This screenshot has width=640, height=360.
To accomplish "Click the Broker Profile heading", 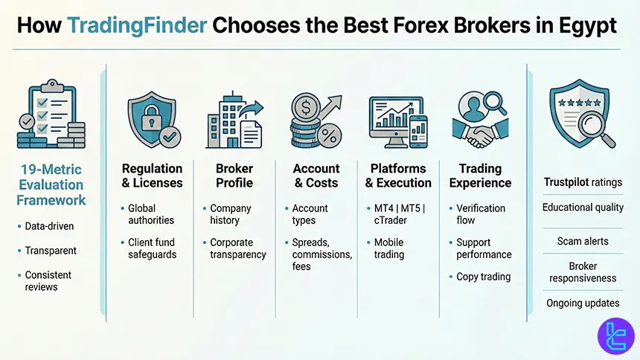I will click(234, 176).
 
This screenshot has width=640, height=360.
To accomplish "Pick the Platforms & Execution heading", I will click(398, 176).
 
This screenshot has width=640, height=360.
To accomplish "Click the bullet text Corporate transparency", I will click(237, 248).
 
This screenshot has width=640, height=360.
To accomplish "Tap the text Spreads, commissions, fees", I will click(321, 254).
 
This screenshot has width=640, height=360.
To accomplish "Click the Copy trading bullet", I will click(483, 277).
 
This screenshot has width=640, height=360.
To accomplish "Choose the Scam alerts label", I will click(582, 241).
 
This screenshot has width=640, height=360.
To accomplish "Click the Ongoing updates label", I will click(583, 303).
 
